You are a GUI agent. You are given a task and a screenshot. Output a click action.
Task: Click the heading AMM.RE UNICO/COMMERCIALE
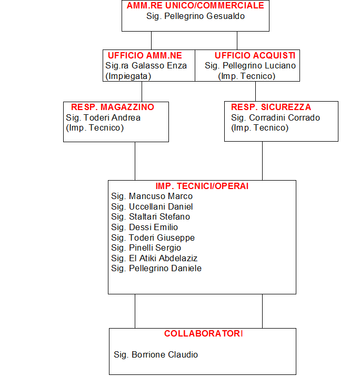click(x=195, y=5)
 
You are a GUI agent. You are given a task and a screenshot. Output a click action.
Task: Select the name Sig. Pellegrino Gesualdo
click(x=195, y=16)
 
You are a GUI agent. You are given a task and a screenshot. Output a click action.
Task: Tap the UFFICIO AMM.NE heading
click(x=145, y=55)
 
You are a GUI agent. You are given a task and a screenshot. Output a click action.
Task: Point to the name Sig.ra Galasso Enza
click(x=146, y=66)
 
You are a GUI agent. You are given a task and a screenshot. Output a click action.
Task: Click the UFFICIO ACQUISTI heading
click(x=255, y=55)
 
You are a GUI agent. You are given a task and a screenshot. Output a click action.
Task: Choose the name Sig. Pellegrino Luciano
click(x=250, y=66)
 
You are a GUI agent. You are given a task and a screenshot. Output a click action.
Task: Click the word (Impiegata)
click(x=128, y=76)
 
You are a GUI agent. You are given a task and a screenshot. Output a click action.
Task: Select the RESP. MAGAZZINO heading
click(x=113, y=107)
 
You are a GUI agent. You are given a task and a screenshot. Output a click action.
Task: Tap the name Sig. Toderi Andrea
click(x=103, y=117)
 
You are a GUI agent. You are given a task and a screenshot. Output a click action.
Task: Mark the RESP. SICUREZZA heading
click(x=271, y=107)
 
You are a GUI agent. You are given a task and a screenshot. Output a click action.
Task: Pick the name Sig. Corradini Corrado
click(x=275, y=117)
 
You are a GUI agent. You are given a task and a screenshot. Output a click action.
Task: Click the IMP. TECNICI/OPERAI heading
click(x=202, y=186)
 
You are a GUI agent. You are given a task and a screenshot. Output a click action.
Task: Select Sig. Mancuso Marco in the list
click(x=152, y=196)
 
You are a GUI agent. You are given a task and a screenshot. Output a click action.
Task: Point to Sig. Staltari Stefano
click(x=151, y=216)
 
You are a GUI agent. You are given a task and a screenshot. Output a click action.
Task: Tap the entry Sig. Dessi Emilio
click(x=144, y=227)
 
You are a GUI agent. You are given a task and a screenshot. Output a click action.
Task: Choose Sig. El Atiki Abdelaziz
click(x=154, y=258)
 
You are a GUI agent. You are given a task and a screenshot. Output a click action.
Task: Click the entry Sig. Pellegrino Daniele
click(x=156, y=269)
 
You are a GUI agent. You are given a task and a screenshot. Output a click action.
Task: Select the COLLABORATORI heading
click(x=204, y=333)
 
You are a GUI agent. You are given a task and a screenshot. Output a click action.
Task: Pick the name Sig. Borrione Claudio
click(x=156, y=355)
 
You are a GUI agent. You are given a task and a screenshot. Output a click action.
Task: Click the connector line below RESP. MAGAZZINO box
click(x=135, y=161)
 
